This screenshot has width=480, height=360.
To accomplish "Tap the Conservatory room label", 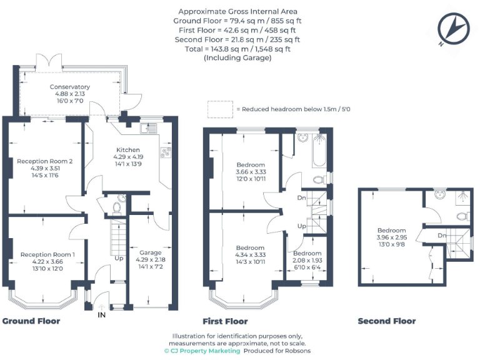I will pos(70,87).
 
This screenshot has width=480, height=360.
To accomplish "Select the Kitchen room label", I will pos(129,150).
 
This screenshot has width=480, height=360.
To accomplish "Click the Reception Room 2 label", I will pos(45,161).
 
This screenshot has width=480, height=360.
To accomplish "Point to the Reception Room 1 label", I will pos(47,254).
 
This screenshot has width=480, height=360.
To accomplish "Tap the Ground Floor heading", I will pos(31,321).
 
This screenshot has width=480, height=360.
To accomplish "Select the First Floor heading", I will pos(226,321).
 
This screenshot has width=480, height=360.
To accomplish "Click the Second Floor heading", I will pos(386,321).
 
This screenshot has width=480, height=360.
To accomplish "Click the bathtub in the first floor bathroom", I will pos(319,153).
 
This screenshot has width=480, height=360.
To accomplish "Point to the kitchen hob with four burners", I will pos(167,152).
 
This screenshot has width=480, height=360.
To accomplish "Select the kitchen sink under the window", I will pos(149,129).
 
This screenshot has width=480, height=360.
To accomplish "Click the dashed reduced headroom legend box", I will pos(219,109).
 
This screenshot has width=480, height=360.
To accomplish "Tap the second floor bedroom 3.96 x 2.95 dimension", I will pos(391,237).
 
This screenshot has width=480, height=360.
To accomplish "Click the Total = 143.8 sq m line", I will pos(237,49).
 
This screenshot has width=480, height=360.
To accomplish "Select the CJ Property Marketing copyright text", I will pos(202,351).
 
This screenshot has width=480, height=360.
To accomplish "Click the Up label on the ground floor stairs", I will pos(119,257).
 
